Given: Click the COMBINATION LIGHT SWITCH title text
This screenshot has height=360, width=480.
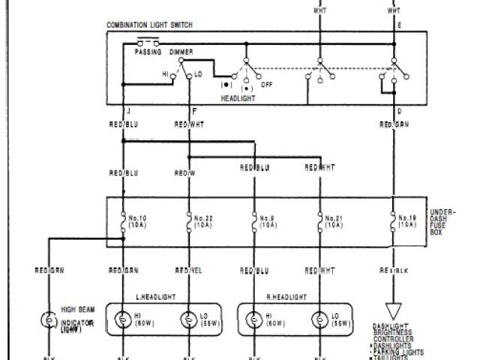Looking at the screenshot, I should (149, 25).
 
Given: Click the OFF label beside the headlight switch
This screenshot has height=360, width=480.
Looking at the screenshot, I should (266, 85).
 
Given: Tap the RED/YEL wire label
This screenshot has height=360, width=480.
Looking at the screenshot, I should (188, 268).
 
